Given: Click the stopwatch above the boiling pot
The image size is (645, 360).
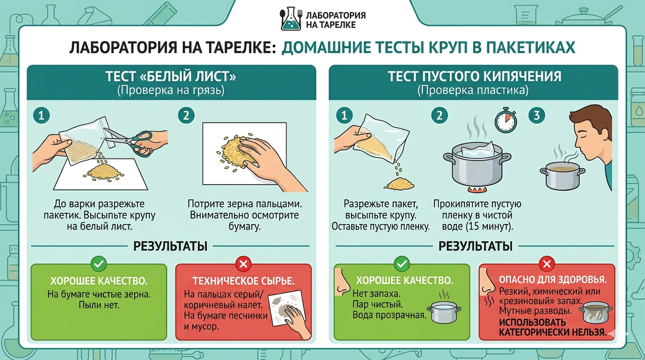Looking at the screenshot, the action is coord(505,120).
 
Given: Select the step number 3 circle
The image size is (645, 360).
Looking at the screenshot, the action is coord(536,116).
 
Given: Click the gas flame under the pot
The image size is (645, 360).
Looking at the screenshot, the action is coord(477,189).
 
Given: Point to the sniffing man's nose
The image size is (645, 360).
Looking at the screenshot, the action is coord(578,149).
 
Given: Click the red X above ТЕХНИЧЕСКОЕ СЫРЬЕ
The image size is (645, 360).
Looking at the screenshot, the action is coord(243,264).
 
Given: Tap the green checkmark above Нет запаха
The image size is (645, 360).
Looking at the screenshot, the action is coord(402,264).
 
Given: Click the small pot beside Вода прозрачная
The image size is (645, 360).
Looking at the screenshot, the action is coord(444,312).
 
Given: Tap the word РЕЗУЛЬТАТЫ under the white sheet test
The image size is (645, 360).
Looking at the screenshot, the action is coord(170,246).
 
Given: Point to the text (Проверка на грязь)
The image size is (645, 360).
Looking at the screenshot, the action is coord(171,90).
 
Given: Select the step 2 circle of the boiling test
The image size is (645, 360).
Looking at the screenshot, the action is coord(440,116).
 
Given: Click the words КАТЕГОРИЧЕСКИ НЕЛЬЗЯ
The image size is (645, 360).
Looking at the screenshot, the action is coord(553,333).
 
